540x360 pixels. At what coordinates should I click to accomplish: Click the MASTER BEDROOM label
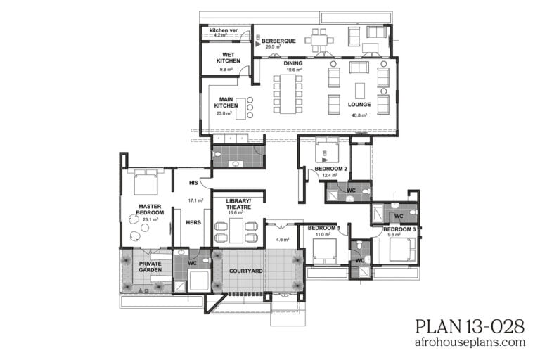[150, 210]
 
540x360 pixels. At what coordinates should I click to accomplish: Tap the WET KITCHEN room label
[228, 58]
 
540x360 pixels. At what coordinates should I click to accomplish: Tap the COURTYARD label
[247, 271]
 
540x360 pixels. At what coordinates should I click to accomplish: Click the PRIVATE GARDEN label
[150, 267]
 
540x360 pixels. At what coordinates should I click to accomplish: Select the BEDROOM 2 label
[330, 169]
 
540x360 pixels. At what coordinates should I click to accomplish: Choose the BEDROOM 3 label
[399, 230]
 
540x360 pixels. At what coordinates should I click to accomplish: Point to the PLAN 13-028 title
[470, 326]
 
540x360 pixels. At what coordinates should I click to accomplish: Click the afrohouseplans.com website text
[470, 342]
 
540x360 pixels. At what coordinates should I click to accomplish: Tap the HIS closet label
[194, 183]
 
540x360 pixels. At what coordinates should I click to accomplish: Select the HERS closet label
[193, 222]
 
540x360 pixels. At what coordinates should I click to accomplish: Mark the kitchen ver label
[224, 30]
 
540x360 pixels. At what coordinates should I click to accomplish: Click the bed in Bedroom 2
[328, 149]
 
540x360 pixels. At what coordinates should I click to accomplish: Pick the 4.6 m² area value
[281, 240]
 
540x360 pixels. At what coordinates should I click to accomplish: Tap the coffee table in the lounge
[360, 90]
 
